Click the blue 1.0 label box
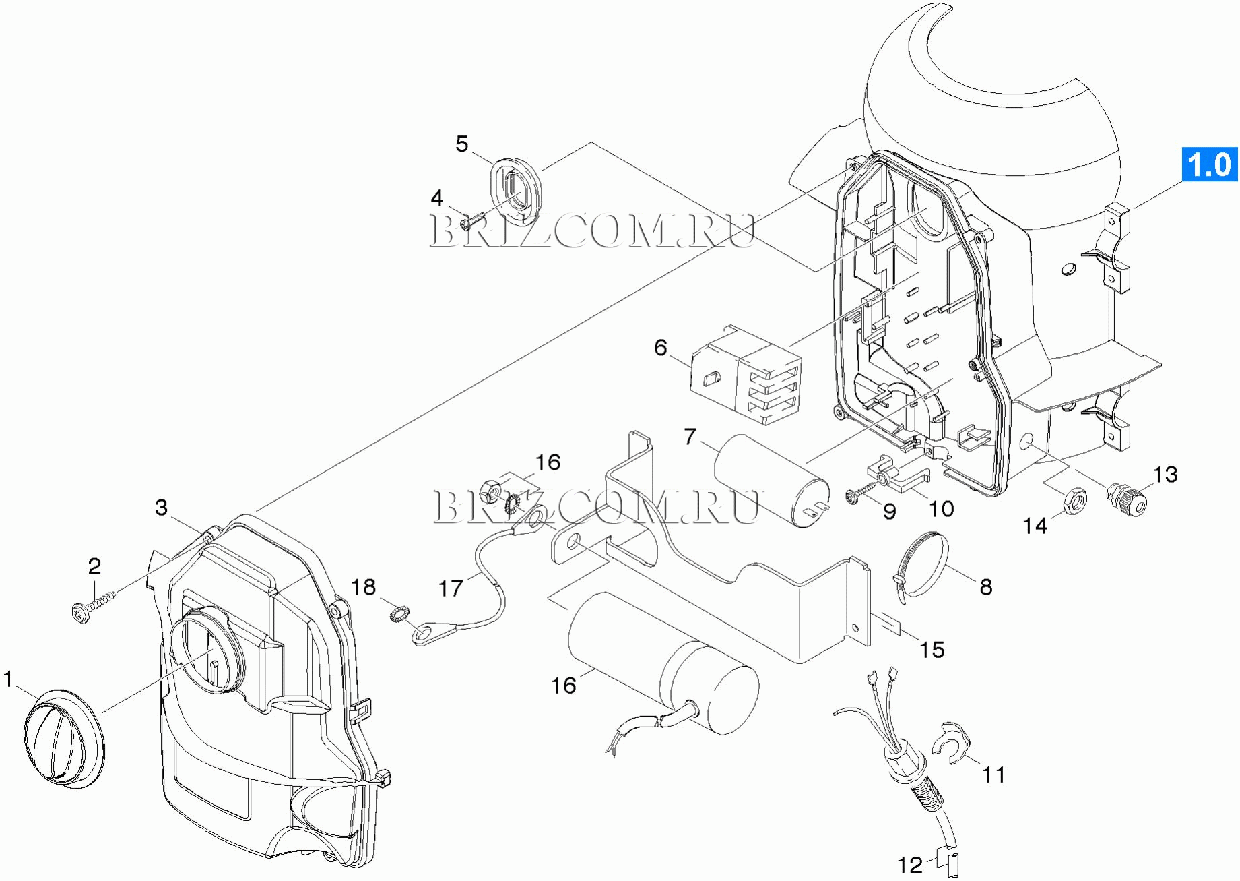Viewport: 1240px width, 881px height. pyautogui.click(x=1210, y=164)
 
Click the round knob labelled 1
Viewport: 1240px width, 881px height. pyautogui.click(x=64, y=739)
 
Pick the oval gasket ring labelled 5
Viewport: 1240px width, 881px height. pyautogui.click(x=515, y=191)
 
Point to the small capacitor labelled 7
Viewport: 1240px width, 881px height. pyautogui.click(x=772, y=479)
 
